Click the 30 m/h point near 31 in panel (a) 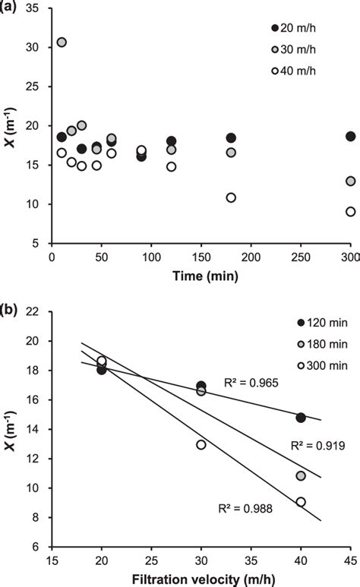coord(62,42)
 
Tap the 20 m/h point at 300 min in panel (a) coord(350,136)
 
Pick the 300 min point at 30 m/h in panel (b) coord(201,444)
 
